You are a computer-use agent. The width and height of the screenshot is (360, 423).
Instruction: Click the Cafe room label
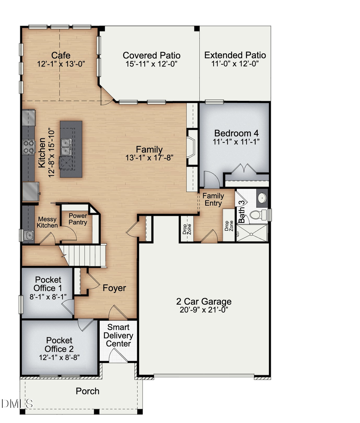61,55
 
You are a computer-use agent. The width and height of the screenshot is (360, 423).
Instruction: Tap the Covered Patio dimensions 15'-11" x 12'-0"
151,64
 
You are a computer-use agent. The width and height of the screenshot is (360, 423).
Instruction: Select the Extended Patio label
235,55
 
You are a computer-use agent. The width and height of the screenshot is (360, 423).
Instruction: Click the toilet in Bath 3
256,215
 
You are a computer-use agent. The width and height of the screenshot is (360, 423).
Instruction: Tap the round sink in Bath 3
261,197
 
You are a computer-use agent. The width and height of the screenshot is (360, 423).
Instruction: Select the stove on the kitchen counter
28,147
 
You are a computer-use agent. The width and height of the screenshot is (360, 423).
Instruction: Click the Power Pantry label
78,219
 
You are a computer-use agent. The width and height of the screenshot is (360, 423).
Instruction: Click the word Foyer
114,288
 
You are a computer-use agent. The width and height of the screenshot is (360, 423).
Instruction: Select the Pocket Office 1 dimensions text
47,297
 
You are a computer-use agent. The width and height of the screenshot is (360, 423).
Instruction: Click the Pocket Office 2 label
58,345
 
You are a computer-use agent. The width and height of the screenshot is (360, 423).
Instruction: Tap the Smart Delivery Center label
118,335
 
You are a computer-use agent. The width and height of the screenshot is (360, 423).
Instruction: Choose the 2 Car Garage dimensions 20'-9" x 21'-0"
204,309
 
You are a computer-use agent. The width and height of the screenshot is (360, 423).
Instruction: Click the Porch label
88,391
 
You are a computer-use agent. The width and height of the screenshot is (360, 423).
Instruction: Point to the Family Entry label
213,199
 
